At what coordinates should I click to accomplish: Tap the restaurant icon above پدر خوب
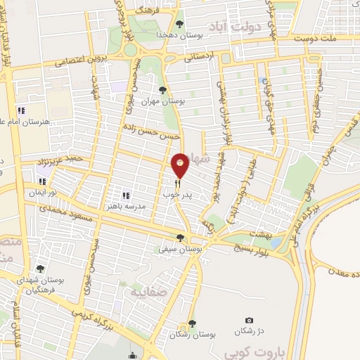(178, 184)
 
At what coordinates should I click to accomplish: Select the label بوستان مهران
(163, 101)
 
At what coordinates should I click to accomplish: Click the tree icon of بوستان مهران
(163, 90)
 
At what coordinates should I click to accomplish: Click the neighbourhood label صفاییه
(144, 290)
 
